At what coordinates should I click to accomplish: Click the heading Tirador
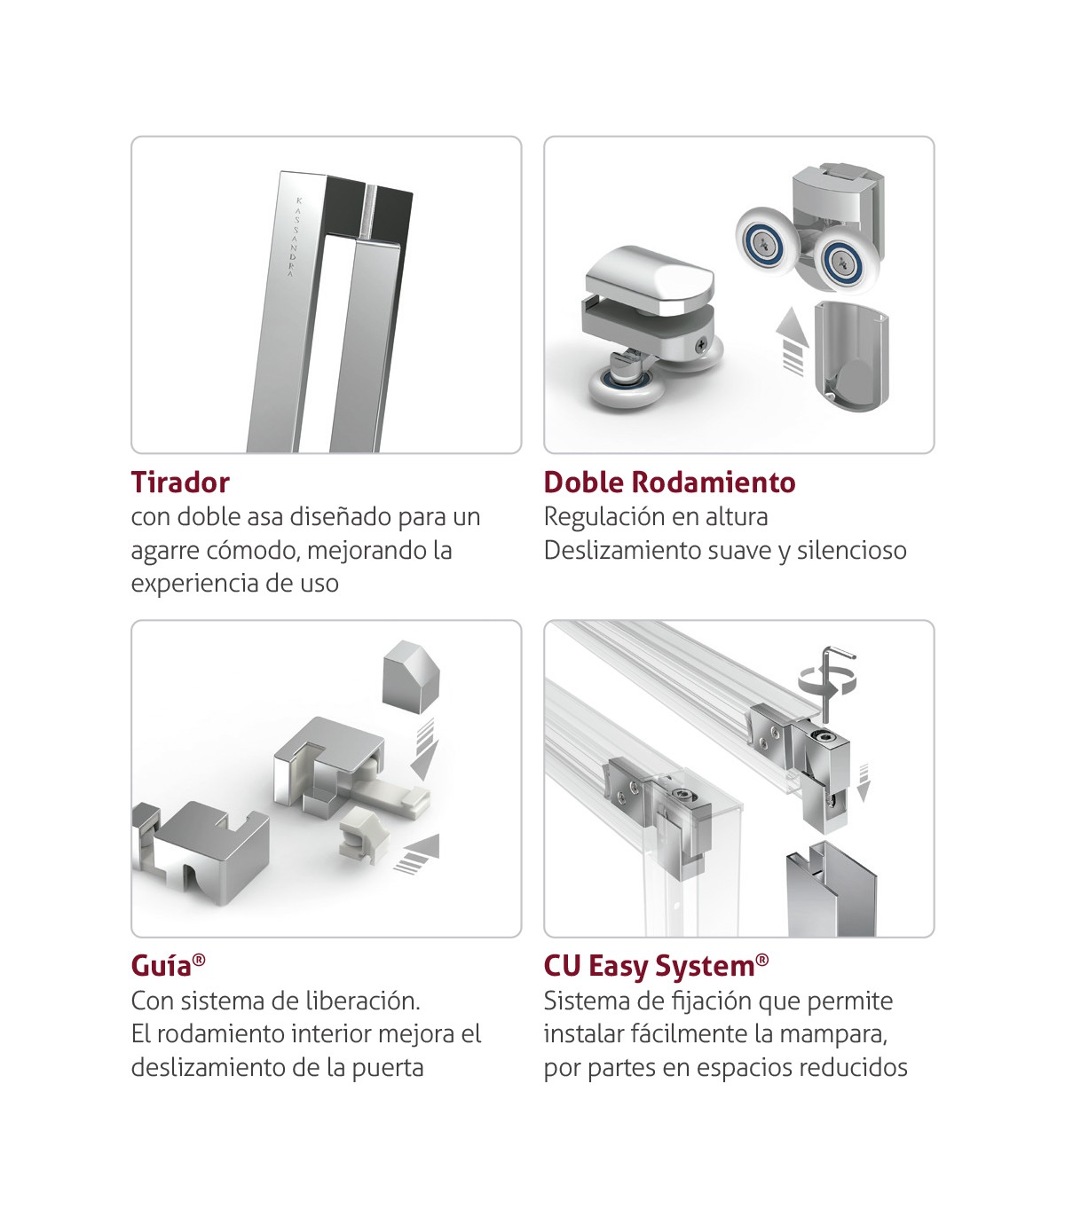(x=180, y=483)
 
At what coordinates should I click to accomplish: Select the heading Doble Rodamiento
(x=669, y=483)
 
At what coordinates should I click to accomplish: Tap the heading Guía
(x=168, y=966)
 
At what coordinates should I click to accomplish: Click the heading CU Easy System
(x=656, y=967)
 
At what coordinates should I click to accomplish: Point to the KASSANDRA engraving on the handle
(x=295, y=237)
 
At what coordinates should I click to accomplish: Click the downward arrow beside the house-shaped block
(x=424, y=750)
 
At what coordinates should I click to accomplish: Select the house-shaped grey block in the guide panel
(x=412, y=676)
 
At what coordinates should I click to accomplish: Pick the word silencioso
(x=851, y=550)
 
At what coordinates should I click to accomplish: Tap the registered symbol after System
(x=762, y=960)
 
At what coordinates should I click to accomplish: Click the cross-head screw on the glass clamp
(x=703, y=343)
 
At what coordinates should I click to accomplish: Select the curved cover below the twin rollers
(x=852, y=353)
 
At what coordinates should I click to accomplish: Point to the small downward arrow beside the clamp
(x=864, y=782)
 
